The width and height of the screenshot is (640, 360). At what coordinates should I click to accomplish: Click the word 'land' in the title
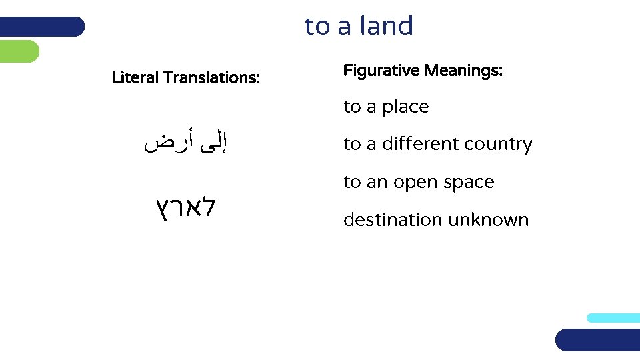[386, 26]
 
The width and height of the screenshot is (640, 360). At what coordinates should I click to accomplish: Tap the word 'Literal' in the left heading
[135, 78]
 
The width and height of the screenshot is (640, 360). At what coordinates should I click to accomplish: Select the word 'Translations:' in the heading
[211, 78]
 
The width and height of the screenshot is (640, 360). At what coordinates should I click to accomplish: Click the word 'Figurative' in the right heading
[381, 70]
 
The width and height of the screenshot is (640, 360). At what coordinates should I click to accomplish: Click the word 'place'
[405, 107]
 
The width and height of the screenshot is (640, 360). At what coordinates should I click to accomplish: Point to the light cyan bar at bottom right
[613, 318]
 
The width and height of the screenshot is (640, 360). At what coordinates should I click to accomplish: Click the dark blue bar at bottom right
[597, 339]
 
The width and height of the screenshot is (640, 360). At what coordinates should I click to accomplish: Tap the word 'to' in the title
[317, 27]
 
